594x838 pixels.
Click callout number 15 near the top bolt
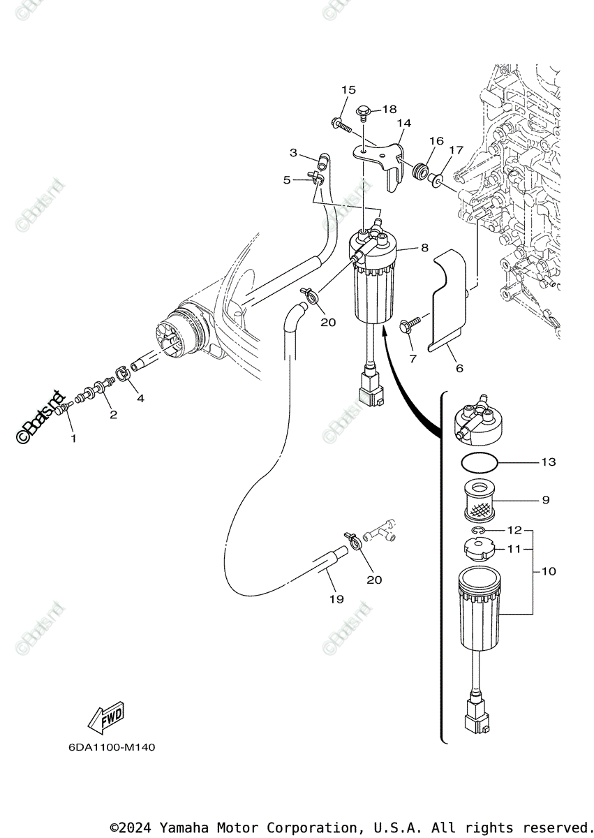(348, 90)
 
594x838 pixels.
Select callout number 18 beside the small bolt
(389, 110)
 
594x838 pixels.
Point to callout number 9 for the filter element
(545, 500)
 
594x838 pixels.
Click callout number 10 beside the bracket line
(549, 571)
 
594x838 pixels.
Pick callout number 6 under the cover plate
(459, 368)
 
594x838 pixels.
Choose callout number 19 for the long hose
(336, 598)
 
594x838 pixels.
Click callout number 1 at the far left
(73, 439)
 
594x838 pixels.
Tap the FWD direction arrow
(105, 717)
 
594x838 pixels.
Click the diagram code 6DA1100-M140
(112, 747)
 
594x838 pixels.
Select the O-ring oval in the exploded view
(480, 462)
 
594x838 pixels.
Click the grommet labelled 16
(421, 172)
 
